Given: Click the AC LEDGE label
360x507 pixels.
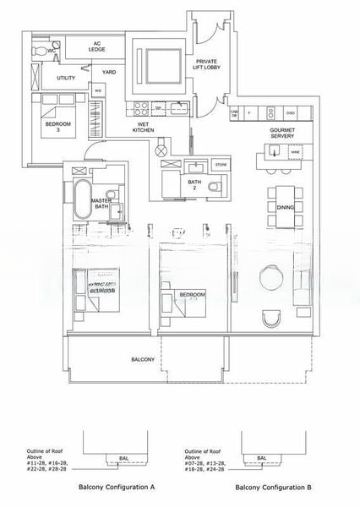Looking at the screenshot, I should pos(96,46).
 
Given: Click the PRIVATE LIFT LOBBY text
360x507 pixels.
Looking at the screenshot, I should pos(208,67).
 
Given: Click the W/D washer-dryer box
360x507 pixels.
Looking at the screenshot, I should pos(98,91).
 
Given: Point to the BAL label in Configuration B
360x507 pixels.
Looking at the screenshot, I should pos(261,458).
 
